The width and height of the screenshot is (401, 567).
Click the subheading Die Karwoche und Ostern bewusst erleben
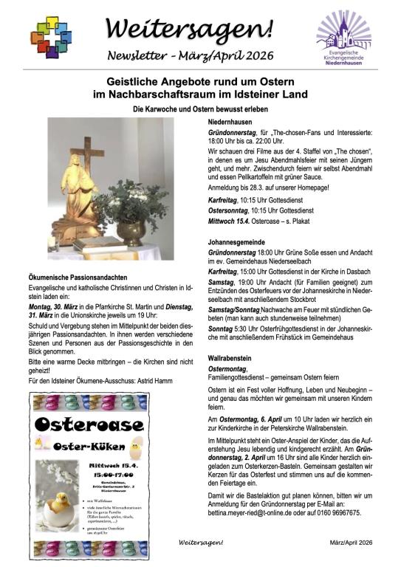(x=201, y=109)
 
